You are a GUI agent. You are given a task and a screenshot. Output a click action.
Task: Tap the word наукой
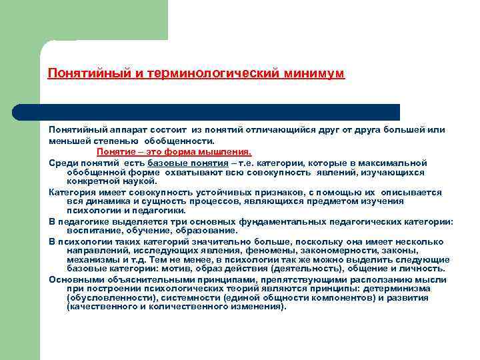tap(139, 181)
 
